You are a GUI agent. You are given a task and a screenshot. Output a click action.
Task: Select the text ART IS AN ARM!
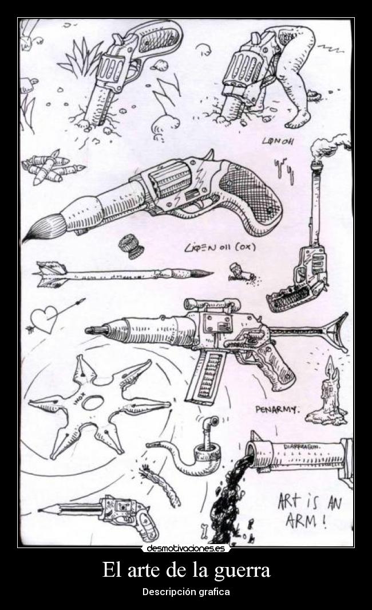tap(309, 511)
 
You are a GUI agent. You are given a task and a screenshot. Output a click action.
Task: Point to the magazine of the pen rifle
tap(206, 376)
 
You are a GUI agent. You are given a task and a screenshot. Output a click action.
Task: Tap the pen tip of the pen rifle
tap(92, 330)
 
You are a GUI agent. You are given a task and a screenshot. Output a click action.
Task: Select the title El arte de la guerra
tap(186, 571)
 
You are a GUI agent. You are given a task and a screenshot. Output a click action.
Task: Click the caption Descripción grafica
tap(186, 591)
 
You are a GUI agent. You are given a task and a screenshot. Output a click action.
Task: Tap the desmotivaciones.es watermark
tap(186, 548)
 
